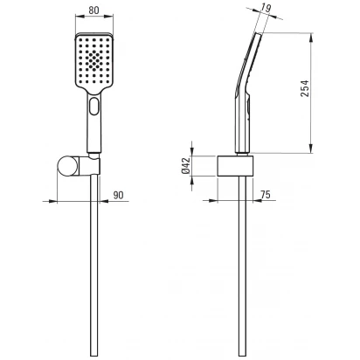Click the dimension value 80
tap(93, 10)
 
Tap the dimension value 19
tap(266, 8)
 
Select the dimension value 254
tap(305, 88)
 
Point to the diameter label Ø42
tap(185, 166)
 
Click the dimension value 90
tap(118, 195)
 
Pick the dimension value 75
tap(265, 194)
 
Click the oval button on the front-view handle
tap(94, 106)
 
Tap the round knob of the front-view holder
tap(68, 166)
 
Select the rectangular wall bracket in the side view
tap(235, 166)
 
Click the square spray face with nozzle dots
tap(93, 62)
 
